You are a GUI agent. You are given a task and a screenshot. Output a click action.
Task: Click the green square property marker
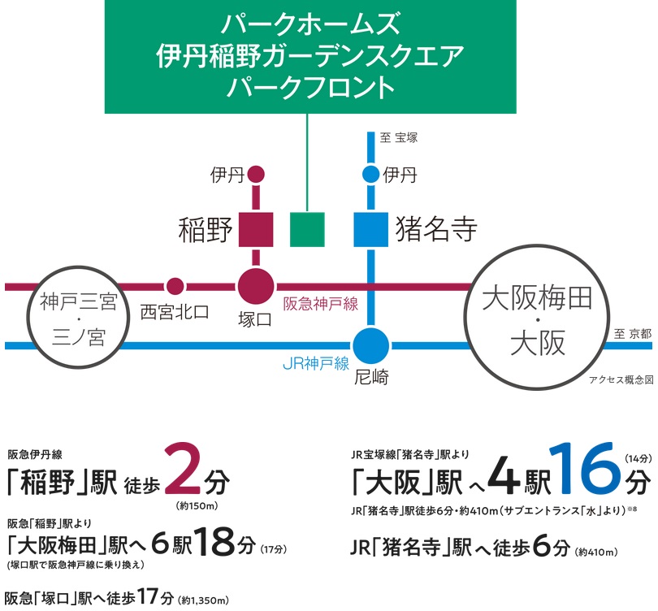[307, 229]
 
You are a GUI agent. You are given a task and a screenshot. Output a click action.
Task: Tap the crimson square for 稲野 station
[256, 229]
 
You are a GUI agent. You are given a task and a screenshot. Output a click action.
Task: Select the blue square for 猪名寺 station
[371, 229]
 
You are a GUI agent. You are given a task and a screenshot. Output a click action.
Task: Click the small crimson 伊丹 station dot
[256, 174]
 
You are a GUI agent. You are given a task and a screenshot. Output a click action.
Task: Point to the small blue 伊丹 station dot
[370, 174]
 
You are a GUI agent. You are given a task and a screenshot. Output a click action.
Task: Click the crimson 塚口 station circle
[256, 286]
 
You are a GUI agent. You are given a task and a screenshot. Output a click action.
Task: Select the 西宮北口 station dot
[175, 286]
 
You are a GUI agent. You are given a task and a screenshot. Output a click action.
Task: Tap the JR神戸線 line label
[316, 363]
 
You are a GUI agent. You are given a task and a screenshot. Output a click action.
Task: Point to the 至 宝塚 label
[398, 137]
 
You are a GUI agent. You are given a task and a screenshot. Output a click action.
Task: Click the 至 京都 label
[632, 334]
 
